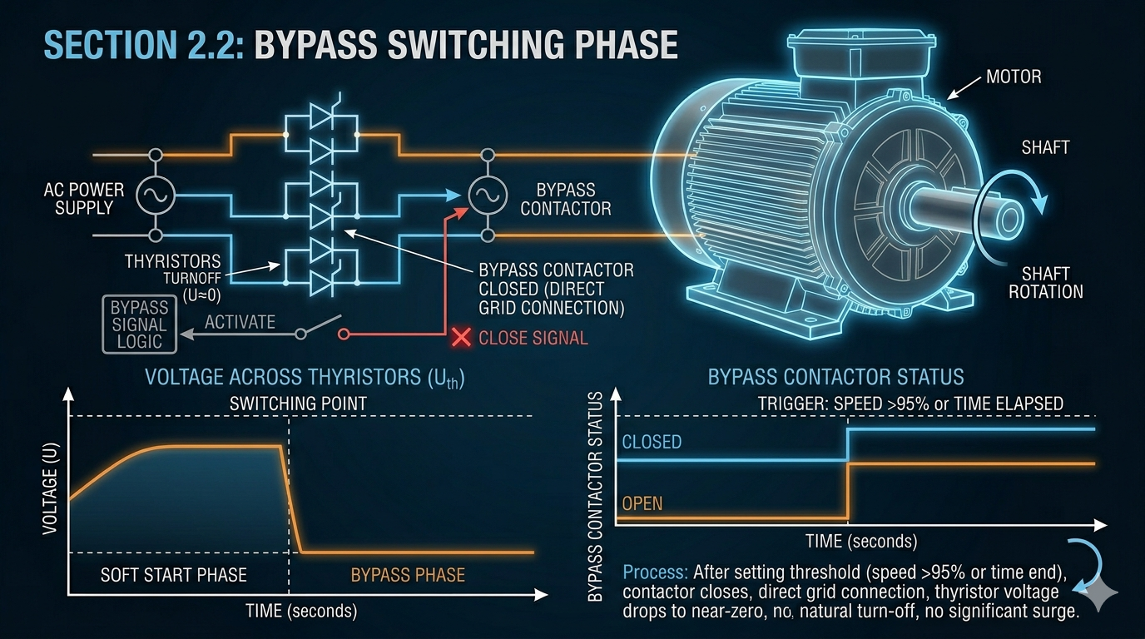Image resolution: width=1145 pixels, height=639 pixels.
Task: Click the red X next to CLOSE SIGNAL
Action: (x=462, y=338)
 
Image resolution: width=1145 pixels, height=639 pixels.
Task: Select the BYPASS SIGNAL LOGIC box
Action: (x=140, y=324)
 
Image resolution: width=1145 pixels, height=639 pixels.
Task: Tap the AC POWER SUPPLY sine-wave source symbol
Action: (x=156, y=196)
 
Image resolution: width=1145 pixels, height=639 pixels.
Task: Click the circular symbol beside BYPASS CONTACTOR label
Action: (x=488, y=196)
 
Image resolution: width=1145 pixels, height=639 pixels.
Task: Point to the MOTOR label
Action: (x=1014, y=77)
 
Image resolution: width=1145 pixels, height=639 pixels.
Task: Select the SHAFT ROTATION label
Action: (x=1045, y=283)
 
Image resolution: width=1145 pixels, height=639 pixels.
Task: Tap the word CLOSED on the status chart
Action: (x=652, y=442)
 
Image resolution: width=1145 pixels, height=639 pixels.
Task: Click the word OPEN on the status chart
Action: (x=642, y=503)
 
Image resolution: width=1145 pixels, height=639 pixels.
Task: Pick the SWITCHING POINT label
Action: (x=298, y=404)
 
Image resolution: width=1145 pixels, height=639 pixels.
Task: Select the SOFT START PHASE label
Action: (x=174, y=575)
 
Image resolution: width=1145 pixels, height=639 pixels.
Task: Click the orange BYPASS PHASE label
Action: (x=408, y=575)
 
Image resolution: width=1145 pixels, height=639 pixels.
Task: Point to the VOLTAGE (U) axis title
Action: (x=50, y=488)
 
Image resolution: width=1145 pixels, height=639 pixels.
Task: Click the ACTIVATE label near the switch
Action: (x=240, y=322)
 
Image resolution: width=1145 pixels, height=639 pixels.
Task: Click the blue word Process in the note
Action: (x=656, y=572)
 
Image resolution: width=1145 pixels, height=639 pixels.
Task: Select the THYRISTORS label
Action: (x=173, y=262)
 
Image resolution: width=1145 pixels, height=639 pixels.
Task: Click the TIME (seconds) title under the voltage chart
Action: (x=301, y=611)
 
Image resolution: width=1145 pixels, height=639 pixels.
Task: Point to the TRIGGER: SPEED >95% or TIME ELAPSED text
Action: (x=910, y=404)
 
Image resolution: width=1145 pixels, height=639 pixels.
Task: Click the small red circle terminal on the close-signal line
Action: (x=344, y=334)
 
